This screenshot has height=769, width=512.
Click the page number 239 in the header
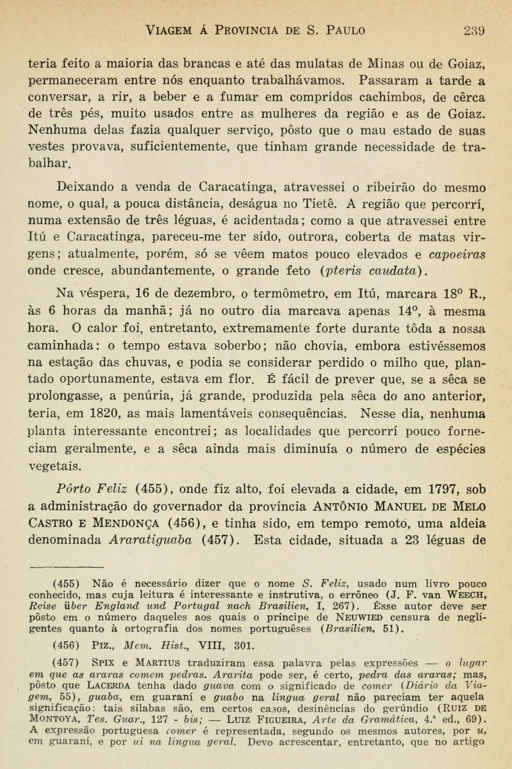(x=474, y=31)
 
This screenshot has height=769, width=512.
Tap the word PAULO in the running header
(x=346, y=31)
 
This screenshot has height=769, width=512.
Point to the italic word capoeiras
(x=457, y=254)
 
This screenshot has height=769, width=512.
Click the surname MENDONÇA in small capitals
(x=126, y=524)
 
